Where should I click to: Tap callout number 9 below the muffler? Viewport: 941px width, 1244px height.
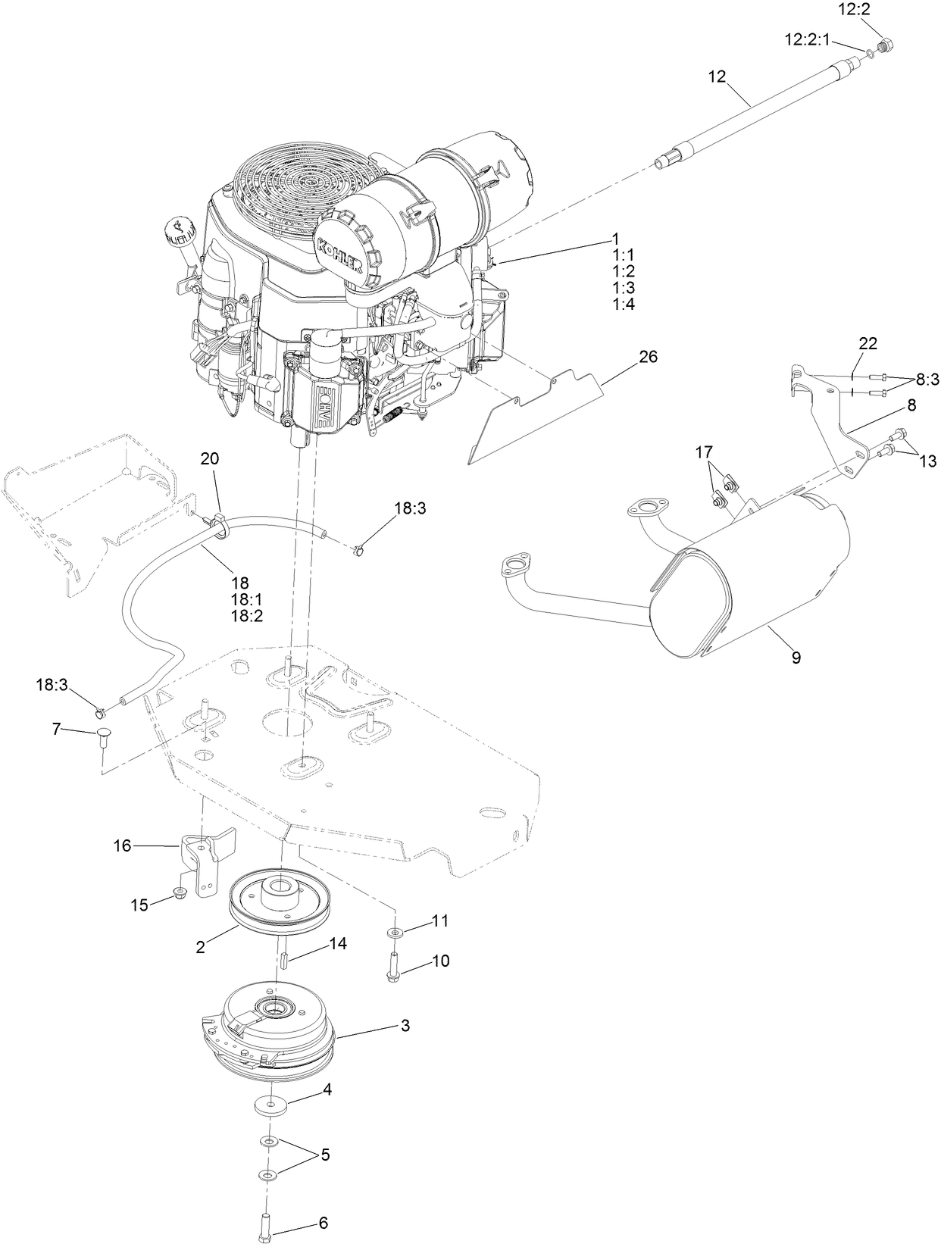click(796, 658)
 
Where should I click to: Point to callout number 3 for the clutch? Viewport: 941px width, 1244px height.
click(405, 1026)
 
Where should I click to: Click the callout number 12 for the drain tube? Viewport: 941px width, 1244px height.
click(717, 76)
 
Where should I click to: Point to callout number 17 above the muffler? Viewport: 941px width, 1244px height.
click(704, 452)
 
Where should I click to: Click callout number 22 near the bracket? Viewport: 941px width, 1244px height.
click(868, 343)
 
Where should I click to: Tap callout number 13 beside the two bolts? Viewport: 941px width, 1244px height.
click(927, 460)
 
